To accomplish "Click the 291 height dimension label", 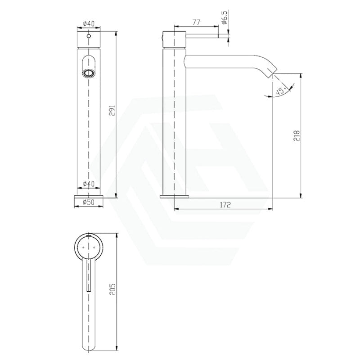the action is pos(112,111).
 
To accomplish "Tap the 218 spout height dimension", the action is pos(297,136).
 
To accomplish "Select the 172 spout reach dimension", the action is pos(225,205).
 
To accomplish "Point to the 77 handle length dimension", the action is pos(196,22).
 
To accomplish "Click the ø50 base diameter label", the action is pos(88,202).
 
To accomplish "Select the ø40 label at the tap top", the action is pos(88,23).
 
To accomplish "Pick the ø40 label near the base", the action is pos(88,184).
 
